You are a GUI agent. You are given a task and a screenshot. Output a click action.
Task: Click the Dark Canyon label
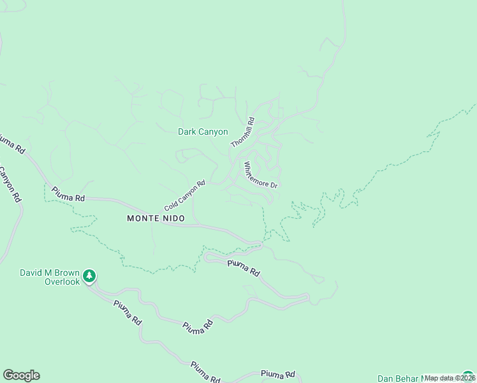pos(202,132)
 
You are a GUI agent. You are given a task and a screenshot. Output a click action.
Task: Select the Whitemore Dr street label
pos(261,174)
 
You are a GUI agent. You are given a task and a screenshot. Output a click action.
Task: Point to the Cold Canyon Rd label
pos(185,195)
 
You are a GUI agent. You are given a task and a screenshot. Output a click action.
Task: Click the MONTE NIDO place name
pos(156,218)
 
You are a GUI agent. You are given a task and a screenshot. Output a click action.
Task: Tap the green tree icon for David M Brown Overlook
pos(90,275)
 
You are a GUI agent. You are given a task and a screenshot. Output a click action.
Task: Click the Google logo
pos(21,375)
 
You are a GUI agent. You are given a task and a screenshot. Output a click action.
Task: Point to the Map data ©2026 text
pos(450,378)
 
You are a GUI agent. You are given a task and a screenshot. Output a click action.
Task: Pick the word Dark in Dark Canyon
pos(187,132)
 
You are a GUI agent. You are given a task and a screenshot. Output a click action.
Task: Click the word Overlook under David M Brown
pos(62,282)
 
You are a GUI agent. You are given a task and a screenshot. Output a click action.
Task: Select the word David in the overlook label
pos(31,273)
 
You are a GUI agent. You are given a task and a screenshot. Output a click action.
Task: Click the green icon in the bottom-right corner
pos(469,376)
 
